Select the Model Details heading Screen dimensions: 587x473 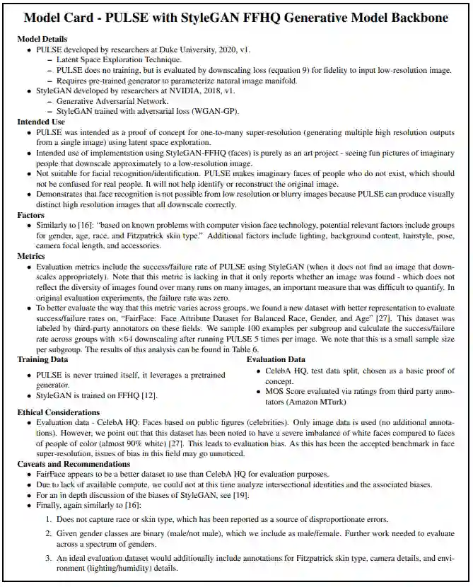pos(43,39)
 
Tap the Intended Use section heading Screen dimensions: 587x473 pos(41,122)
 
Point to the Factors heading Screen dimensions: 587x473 pos(30,215)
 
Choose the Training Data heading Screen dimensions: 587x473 pos(43,359)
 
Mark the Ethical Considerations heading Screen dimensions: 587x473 pos(59,412)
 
